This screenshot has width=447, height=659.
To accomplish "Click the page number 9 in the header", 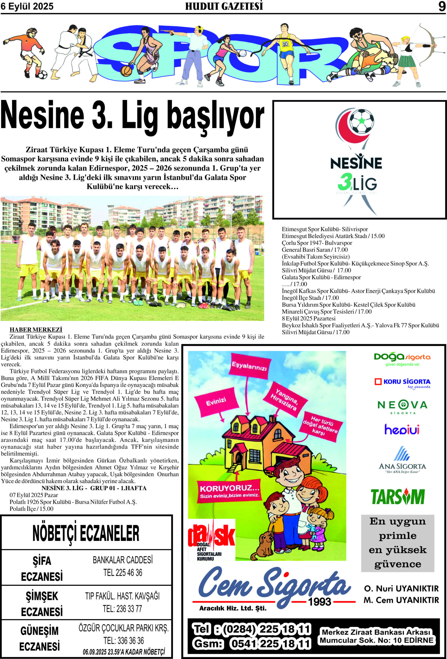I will tap(442, 6).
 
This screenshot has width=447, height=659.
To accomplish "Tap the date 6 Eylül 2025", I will tap(27, 6).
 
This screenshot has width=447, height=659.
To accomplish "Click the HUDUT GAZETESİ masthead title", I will tap(224, 6).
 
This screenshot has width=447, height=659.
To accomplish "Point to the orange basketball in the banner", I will tap(126, 71).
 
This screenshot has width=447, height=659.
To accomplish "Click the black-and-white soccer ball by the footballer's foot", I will tap(42, 75).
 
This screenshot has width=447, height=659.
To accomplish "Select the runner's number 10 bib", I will tap(285, 44).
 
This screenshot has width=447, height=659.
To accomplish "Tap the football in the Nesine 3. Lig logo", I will tap(361, 121).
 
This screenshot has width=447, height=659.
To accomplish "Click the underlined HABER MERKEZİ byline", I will tap(36, 329).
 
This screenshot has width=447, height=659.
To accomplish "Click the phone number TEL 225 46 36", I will tap(123, 573).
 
